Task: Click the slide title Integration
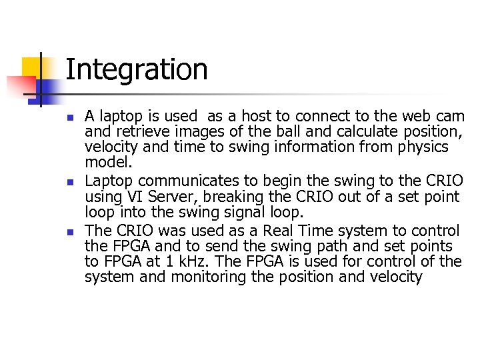tap(137, 70)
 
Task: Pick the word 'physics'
tap(423, 147)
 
